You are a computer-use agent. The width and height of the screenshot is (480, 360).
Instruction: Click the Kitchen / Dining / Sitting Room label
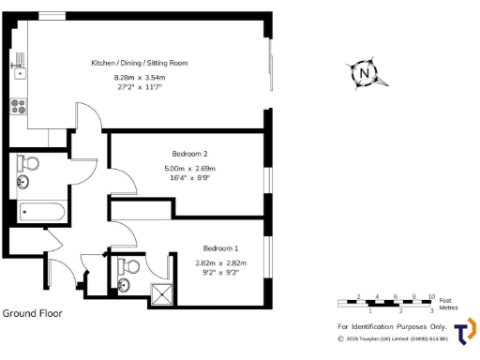tap(139, 63)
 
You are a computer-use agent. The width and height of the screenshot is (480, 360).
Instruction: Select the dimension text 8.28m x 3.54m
tap(139, 77)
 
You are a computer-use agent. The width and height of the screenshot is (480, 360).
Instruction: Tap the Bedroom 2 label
tap(189, 154)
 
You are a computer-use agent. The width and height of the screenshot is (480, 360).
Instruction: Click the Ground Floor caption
tap(33, 313)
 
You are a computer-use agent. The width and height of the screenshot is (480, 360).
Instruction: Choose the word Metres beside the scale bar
tap(452, 306)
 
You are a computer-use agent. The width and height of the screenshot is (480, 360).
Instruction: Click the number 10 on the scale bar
tap(431, 295)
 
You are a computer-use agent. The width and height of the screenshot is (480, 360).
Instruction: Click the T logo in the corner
tap(464, 332)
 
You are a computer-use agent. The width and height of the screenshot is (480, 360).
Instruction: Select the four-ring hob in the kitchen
tap(18, 104)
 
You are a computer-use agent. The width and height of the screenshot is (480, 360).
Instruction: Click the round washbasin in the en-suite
tap(125, 281)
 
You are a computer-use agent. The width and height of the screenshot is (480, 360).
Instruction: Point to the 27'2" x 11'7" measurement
tap(139, 86)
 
